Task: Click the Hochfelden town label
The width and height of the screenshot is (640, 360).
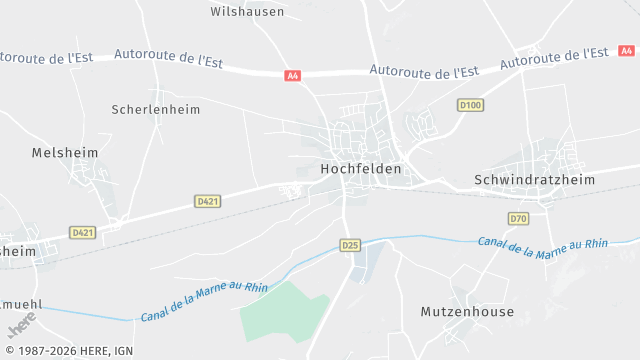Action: [361, 169]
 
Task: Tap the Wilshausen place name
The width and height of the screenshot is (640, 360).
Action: [247, 12]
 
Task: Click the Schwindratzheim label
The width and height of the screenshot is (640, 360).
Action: [533, 180]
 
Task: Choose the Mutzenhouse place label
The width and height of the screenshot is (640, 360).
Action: [467, 312]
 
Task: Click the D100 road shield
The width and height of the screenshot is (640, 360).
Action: [470, 105]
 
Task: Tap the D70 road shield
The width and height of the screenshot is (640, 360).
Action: [518, 218]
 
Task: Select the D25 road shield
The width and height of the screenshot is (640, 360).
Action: [349, 245]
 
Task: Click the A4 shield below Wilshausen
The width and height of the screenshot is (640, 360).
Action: [292, 75]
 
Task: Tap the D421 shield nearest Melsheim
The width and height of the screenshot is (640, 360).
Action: [83, 232]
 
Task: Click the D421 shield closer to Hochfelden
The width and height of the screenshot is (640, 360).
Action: [208, 201]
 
